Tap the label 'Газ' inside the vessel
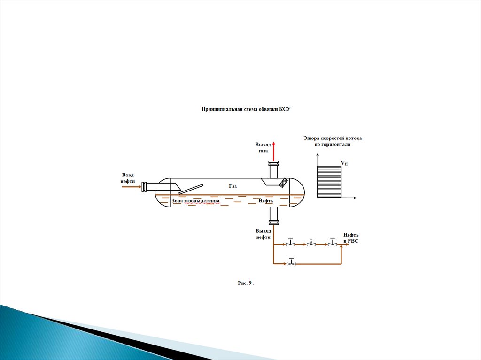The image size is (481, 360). [x=233, y=186]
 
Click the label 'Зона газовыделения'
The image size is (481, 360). [x=195, y=201]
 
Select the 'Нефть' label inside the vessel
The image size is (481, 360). [x=266, y=201]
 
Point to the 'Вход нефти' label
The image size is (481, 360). [x=128, y=178]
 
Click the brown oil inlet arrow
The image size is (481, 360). [x=132, y=187]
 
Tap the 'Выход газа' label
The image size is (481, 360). [x=263, y=147]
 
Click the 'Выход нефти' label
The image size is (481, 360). [x=263, y=234]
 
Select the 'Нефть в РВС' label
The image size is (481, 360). [x=350, y=238]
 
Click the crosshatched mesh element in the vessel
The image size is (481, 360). [x=283, y=183]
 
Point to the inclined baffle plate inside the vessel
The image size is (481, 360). [x=191, y=189]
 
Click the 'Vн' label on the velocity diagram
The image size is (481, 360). [x=344, y=163]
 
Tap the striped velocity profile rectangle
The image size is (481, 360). [x=329, y=182]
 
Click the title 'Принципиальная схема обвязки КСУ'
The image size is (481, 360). [x=246, y=109]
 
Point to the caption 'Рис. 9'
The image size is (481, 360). [x=246, y=283]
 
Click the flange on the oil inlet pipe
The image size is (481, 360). [x=144, y=187]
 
